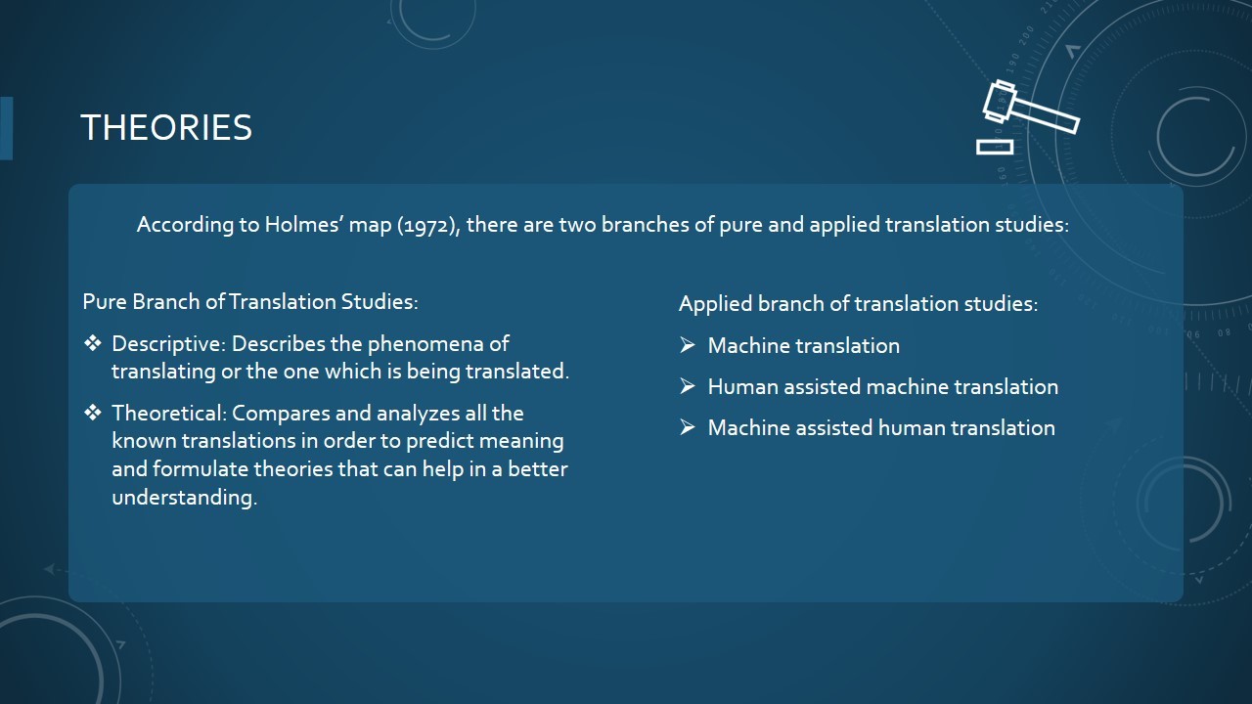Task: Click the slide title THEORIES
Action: (166, 127)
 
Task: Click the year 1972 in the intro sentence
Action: (427, 225)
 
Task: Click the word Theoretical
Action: (167, 414)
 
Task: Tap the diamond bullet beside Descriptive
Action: (93, 343)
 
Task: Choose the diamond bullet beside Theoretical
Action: (93, 413)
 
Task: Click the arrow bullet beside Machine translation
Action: (688, 345)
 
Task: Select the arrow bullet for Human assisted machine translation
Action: (688, 386)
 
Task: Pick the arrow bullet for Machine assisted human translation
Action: (688, 427)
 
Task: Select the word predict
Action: (439, 441)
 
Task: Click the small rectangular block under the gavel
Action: (995, 147)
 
